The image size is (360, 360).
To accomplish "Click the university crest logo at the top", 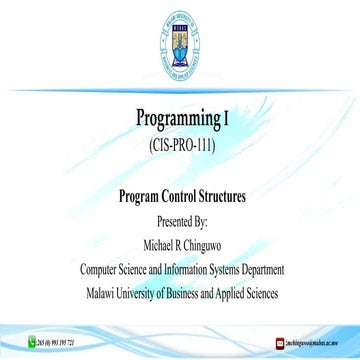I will (180, 37).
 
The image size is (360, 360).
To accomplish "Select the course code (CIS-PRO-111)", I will (180, 145).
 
